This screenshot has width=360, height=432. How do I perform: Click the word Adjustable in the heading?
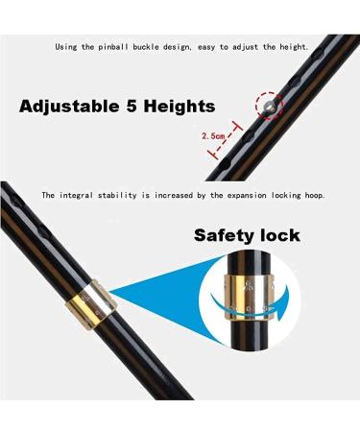click(71, 107)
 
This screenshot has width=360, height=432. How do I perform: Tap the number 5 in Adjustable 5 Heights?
click(139, 107)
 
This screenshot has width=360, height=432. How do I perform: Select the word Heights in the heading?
click(183, 107)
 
